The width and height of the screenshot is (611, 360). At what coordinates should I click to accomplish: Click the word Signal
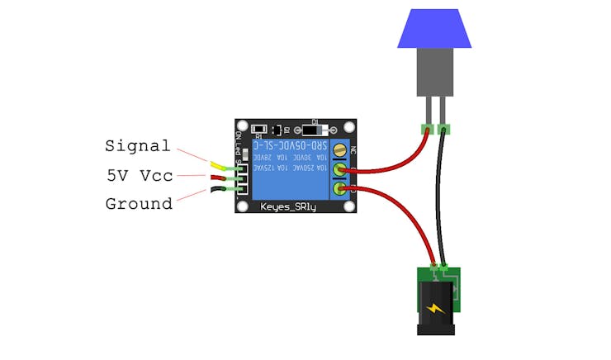pyautogui.click(x=137, y=147)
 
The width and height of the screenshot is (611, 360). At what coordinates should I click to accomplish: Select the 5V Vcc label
pyautogui.click(x=139, y=175)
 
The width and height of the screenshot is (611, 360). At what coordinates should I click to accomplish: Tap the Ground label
pyautogui.click(x=139, y=203)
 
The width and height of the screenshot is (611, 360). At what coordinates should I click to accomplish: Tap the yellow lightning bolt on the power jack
pyautogui.click(x=436, y=310)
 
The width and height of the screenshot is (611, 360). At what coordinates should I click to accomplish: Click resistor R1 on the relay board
pyautogui.click(x=259, y=129)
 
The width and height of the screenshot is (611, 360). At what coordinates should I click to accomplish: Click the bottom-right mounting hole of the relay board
pyautogui.click(x=349, y=204)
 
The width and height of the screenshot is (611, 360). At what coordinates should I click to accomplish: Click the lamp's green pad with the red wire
pyautogui.click(x=427, y=128)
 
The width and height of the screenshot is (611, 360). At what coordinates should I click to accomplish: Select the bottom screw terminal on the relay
pyautogui.click(x=339, y=191)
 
